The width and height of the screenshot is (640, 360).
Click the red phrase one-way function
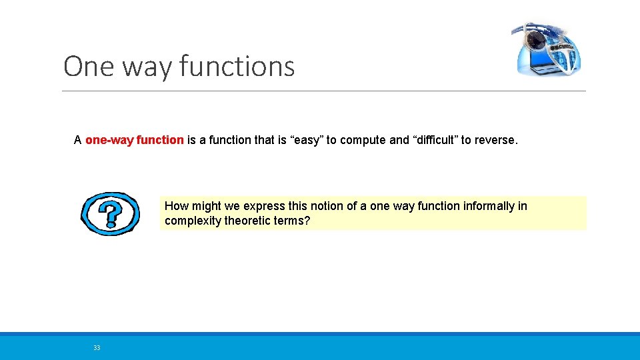[134, 140]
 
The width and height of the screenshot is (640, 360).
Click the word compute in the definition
[363, 140]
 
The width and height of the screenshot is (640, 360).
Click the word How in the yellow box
[176, 206]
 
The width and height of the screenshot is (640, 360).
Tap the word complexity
[193, 221]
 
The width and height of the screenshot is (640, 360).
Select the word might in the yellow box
[205, 206]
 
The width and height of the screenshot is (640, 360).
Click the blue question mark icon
[110, 214]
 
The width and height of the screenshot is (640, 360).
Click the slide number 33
[97, 347]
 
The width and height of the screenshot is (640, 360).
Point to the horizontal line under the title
[324, 91]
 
